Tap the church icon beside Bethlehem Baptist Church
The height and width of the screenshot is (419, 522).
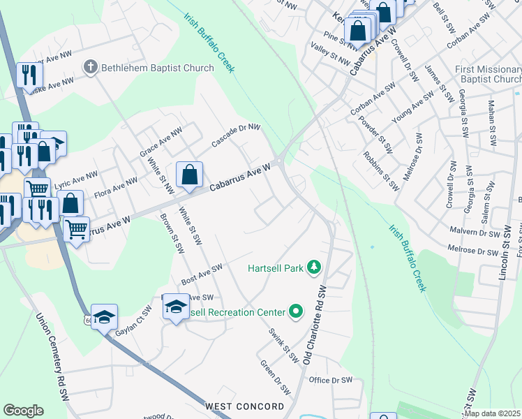point(89,67)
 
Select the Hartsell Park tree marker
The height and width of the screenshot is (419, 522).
point(315,267)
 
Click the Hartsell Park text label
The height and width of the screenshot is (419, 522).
point(277,268)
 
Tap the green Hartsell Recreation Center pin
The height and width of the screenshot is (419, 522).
point(296,311)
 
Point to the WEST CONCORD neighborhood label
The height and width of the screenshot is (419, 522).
point(244,406)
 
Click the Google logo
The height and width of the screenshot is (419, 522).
point(23,411)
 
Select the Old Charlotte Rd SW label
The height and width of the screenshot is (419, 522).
point(315,325)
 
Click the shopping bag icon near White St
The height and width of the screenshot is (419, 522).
point(189,175)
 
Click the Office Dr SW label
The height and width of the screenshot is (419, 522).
point(331,380)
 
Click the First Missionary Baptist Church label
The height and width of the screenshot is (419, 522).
point(487,74)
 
